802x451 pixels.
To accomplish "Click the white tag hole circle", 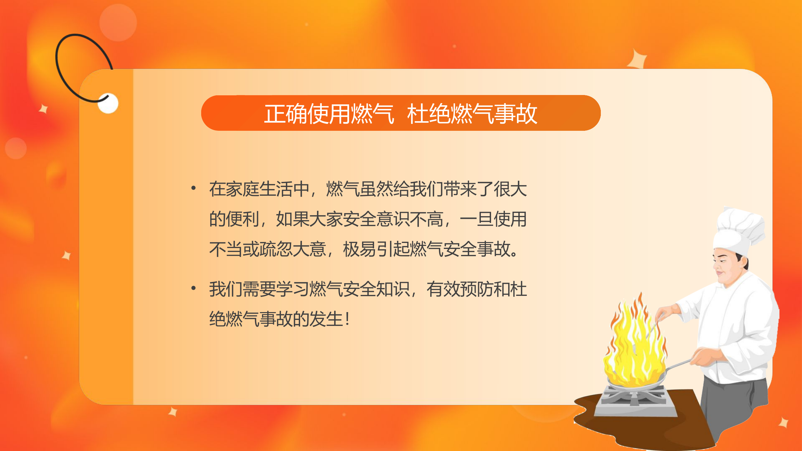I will (108, 103).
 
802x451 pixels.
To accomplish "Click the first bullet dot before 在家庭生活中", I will (193, 188).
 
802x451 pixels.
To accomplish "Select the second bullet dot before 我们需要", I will (193, 288).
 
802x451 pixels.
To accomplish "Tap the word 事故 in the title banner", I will (515, 114).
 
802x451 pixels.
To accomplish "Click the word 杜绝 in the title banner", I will (429, 114).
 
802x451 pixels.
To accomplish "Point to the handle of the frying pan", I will (679, 364).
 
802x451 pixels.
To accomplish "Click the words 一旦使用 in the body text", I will (493, 219).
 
